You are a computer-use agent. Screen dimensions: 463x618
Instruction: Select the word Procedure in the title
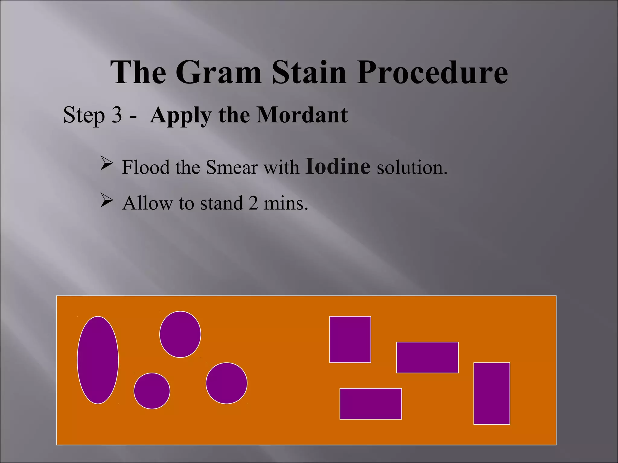[432, 72]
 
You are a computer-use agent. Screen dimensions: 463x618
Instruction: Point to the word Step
[84, 115]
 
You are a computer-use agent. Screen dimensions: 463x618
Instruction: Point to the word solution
[412, 167]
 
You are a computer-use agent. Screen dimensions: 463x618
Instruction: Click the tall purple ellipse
[98, 360]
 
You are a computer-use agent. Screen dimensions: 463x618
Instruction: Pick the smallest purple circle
[152, 391]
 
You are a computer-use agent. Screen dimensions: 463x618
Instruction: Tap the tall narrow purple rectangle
[492, 393]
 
